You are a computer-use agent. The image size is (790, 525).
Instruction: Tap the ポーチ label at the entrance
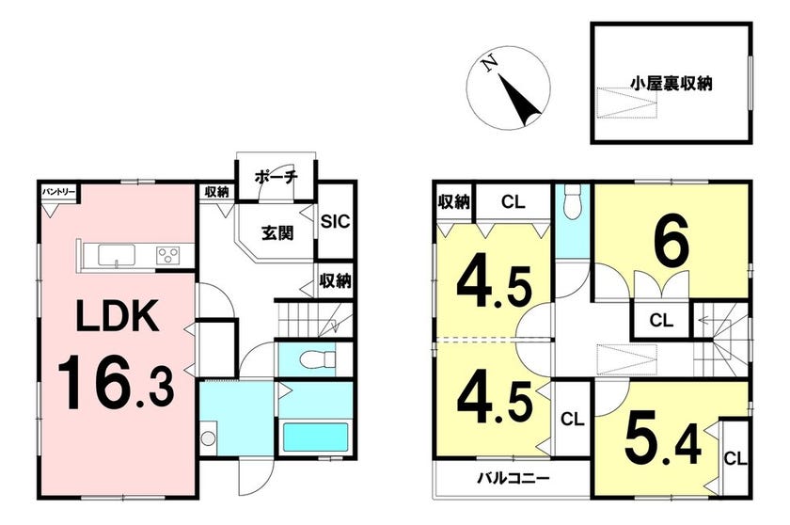click(276, 177)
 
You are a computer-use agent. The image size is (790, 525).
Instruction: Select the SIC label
click(335, 221)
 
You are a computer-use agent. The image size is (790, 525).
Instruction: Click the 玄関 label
click(277, 233)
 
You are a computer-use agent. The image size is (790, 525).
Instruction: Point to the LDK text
click(118, 315)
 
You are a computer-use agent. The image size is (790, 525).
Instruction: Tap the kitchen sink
click(117, 254)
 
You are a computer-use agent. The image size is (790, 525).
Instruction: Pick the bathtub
click(315, 437)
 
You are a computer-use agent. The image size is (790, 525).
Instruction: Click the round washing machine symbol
click(208, 437)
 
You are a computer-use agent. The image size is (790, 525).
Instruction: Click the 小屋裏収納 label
click(671, 84)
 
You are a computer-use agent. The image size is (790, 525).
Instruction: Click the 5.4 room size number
click(662, 437)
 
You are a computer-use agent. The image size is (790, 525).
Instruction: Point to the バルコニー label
click(513, 478)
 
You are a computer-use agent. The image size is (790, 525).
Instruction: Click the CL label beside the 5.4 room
click(735, 459)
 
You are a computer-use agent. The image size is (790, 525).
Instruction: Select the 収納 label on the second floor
click(453, 202)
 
